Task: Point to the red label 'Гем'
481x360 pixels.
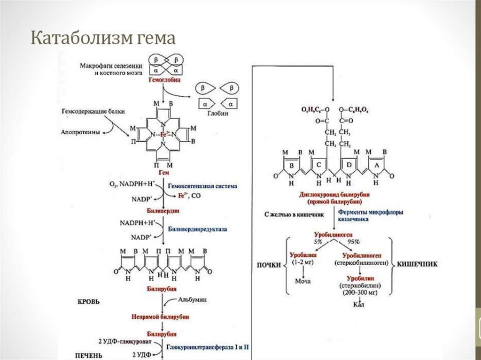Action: click(x=163, y=173)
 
